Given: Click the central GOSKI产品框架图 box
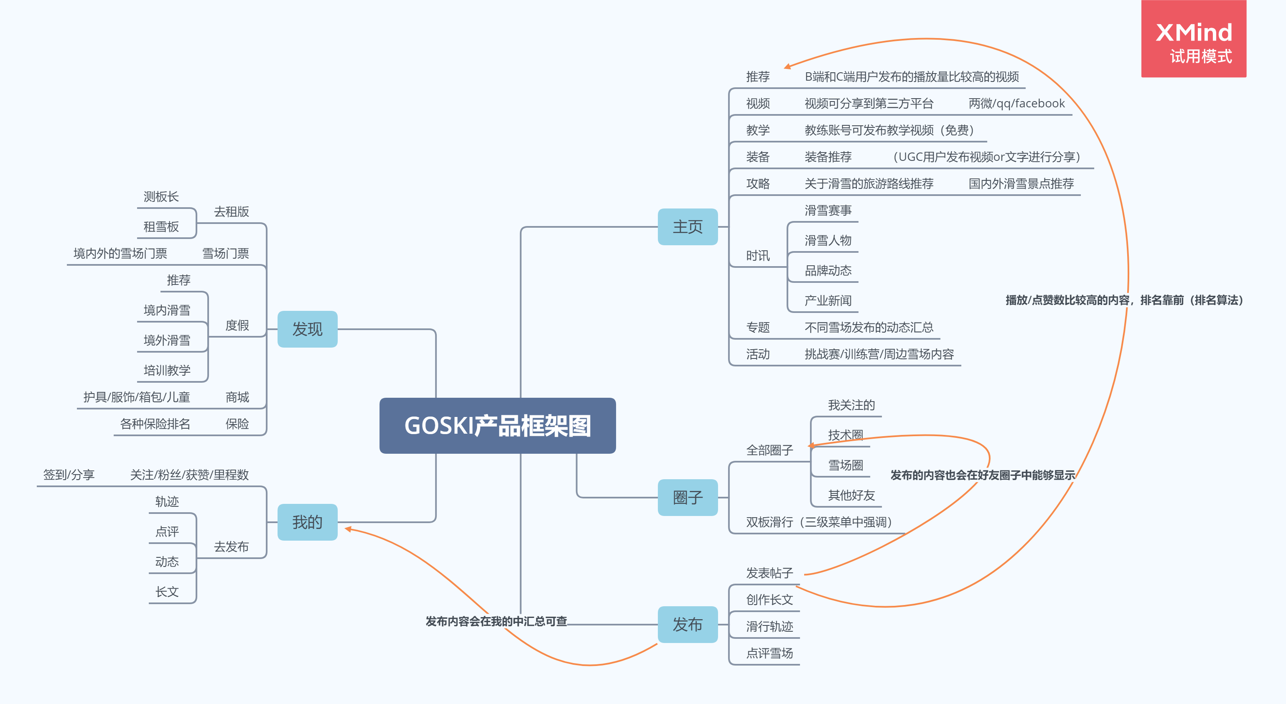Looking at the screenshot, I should [x=497, y=426].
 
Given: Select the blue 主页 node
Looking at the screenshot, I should [x=688, y=227].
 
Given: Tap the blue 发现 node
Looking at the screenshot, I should [x=307, y=329].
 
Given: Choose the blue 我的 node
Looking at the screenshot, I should [x=307, y=522].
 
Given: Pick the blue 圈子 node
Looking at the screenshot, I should [x=688, y=498].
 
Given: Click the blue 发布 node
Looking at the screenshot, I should [x=688, y=624].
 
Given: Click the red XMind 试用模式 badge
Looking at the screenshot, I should [x=1193, y=39].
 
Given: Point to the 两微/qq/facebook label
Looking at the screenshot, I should [x=1016, y=103].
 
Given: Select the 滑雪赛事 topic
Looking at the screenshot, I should [x=828, y=211].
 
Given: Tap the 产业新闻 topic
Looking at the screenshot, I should [x=828, y=300].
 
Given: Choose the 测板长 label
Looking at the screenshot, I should [x=161, y=197].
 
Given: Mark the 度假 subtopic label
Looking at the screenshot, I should [x=237, y=325].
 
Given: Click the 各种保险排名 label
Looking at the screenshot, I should [x=155, y=424].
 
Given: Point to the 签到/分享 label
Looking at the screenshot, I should [x=69, y=475].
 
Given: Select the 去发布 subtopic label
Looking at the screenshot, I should [x=231, y=547].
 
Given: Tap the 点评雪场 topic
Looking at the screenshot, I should [x=769, y=653].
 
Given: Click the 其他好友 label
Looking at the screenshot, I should [x=851, y=495].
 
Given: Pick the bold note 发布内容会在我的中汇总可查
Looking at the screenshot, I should [x=496, y=621].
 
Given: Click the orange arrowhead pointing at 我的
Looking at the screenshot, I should [x=348, y=529].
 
